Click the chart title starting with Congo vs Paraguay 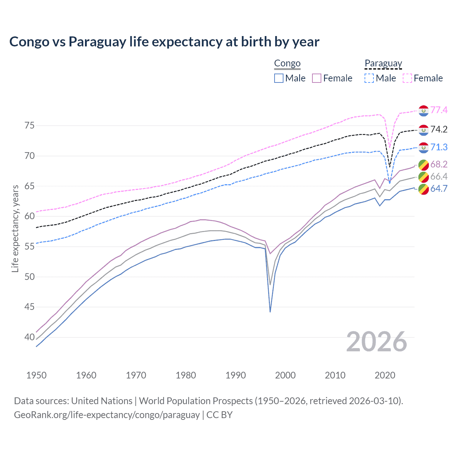pyautogui.click(x=164, y=42)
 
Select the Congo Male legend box pyautogui.click(x=279, y=78)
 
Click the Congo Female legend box pyautogui.click(x=317, y=78)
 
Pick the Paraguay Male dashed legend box pyautogui.click(x=369, y=78)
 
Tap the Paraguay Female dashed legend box pyautogui.click(x=407, y=78)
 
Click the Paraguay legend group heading pyautogui.click(x=383, y=64)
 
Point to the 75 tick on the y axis pyautogui.click(x=30, y=126)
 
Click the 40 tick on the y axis pyautogui.click(x=30, y=337)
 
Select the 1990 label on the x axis pyautogui.click(x=236, y=375)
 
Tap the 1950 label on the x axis pyautogui.click(x=36, y=375)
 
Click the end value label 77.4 pyautogui.click(x=439, y=110)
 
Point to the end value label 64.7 pyautogui.click(x=439, y=189)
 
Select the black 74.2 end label pyautogui.click(x=439, y=129)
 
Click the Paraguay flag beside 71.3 pyautogui.click(x=423, y=147)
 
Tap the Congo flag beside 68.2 pyautogui.click(x=423, y=165)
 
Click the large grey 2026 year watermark pyautogui.click(x=377, y=342)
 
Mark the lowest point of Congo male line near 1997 pyautogui.click(x=270, y=312)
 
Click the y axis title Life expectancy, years pyautogui.click(x=15, y=228)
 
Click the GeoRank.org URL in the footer pyautogui.click(x=107, y=415)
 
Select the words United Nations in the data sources pyautogui.click(x=102, y=401)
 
